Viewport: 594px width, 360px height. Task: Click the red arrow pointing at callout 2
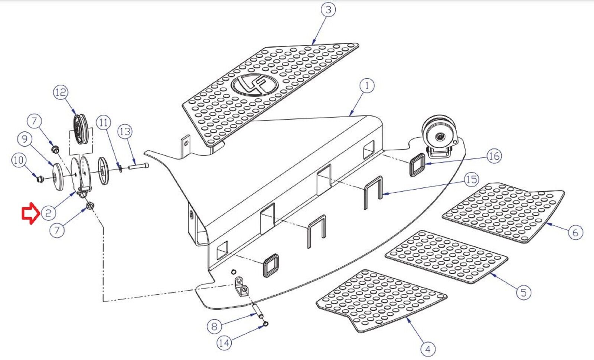(30, 213)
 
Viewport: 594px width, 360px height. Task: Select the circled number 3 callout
(328, 10)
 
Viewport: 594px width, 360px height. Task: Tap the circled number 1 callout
(367, 86)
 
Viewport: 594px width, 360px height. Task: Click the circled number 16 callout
(493, 156)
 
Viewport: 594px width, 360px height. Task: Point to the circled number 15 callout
(471, 180)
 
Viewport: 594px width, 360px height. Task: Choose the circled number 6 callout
(575, 232)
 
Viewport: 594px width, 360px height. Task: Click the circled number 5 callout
(523, 292)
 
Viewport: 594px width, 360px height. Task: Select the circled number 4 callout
(428, 349)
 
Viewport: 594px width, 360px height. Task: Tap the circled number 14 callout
(224, 343)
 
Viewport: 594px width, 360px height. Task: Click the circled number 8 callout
(214, 327)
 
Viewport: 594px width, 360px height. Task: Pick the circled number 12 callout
(61, 92)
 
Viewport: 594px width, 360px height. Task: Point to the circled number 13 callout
(125, 131)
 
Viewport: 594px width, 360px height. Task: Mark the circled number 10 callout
(18, 160)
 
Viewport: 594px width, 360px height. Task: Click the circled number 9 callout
(25, 139)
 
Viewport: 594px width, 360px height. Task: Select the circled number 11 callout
(104, 122)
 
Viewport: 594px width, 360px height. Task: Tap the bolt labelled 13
(138, 166)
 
